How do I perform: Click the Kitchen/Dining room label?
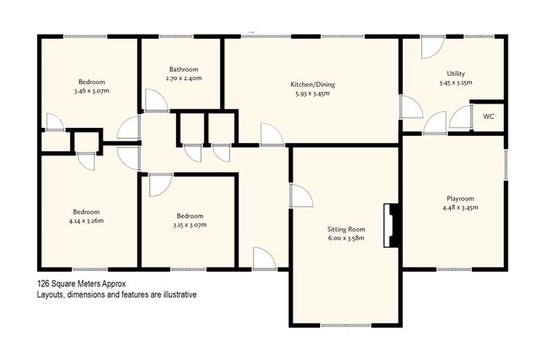point(310,83)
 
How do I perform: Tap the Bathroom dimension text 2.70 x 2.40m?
point(183,79)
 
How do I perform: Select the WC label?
point(488,116)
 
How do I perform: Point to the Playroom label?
point(460,197)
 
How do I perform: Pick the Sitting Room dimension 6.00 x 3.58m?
point(346,239)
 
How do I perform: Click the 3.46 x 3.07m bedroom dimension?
point(91,92)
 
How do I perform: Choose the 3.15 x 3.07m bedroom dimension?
point(190,226)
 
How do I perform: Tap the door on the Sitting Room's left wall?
point(301,195)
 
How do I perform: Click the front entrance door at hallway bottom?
point(264,259)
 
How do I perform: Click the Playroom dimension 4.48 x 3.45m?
point(460,207)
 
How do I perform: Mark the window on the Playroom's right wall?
point(504,165)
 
